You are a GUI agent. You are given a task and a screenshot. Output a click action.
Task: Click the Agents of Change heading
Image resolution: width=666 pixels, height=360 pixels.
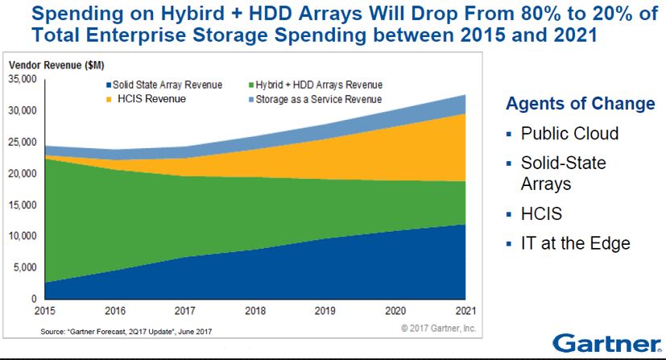[580, 104]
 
